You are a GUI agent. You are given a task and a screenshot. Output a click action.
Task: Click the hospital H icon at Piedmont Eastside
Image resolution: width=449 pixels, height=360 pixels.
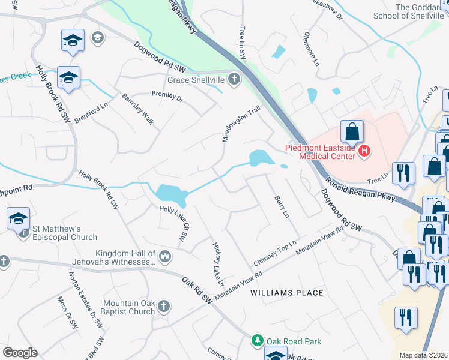(363, 152)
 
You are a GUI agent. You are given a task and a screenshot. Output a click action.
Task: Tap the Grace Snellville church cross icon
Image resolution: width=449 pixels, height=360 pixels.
(234, 79)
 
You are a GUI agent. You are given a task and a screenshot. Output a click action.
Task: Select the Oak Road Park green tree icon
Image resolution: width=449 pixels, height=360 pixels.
(258, 341)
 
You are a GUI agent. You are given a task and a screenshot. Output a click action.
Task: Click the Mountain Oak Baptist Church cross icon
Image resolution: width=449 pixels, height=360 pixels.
(164, 307)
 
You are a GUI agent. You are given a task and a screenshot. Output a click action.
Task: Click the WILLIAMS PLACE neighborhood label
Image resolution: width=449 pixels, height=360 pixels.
(287, 293)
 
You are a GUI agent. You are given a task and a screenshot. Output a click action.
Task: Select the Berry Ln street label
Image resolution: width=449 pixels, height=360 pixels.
(282, 206)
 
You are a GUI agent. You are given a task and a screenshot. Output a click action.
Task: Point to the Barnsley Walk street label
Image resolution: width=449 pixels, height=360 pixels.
(137, 109)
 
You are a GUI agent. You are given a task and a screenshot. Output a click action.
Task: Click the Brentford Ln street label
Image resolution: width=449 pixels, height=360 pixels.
(91, 113)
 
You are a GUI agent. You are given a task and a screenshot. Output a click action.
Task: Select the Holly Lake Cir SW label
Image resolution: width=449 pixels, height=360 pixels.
(175, 224)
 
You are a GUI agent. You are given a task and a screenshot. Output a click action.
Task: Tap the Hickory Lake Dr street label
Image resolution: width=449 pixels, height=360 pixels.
(217, 263)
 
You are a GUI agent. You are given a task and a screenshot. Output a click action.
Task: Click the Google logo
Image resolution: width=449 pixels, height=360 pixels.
(19, 353)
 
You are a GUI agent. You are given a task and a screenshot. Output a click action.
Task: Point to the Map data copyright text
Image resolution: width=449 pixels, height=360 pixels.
(424, 355)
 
